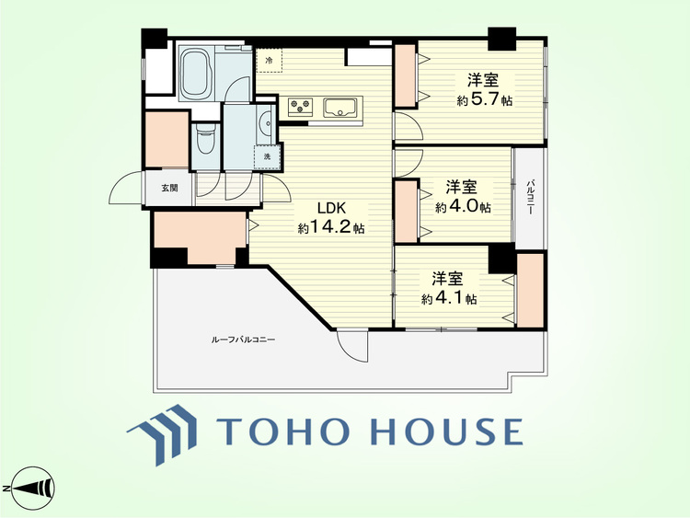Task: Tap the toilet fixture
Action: (204, 139)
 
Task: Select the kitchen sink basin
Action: (340, 108)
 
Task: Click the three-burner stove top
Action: (300, 108)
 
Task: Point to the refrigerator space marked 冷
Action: (269, 61)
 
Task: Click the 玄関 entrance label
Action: (169, 189)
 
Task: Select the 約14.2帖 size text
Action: (331, 227)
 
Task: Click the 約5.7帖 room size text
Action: (485, 100)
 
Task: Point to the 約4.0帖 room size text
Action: (464, 207)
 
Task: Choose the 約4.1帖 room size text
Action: (449, 299)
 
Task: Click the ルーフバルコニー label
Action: (243, 340)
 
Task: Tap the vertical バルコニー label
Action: (531, 196)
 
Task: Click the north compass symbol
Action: (29, 488)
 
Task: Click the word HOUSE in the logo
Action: (446, 431)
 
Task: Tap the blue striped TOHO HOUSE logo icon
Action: (163, 433)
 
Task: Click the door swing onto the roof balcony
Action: (352, 346)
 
